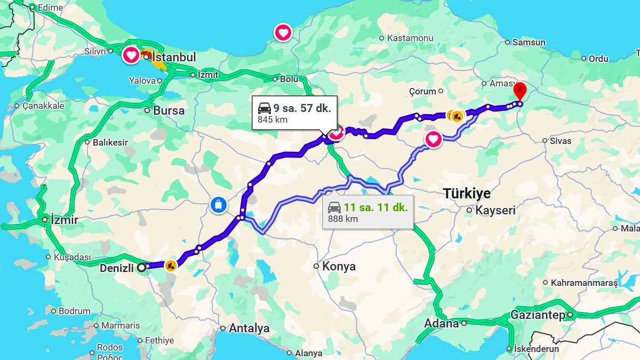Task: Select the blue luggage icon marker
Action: (218, 204)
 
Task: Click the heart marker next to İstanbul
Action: (131, 55)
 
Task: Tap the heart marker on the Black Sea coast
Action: (283, 33)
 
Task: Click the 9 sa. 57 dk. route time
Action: (302, 108)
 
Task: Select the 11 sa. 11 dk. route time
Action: (375, 207)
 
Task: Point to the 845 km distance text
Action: (273, 119)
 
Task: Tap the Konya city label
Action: (339, 266)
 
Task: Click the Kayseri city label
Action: (495, 210)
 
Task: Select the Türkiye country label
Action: (467, 194)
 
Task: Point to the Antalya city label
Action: (249, 329)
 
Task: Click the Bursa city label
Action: (169, 111)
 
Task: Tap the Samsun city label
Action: (529, 42)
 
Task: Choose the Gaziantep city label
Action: (538, 315)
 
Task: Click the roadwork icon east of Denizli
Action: (170, 265)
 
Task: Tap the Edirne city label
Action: (50, 8)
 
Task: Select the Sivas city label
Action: (561, 141)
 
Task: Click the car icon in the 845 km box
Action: (265, 108)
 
